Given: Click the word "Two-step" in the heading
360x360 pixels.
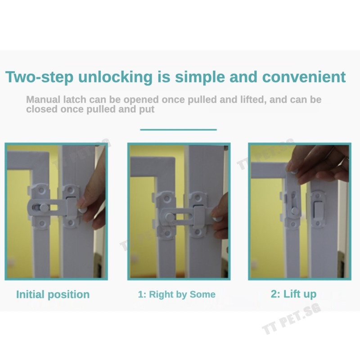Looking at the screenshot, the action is coord(39,77).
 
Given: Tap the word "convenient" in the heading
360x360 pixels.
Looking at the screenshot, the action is coord(304,76).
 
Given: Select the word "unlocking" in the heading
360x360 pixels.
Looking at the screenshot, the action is coord(115,77).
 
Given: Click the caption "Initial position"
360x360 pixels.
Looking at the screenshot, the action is coord(53,295).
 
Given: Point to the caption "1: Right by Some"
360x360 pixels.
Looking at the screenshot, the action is coord(176,294).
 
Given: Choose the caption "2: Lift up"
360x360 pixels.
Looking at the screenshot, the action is coord(293,294).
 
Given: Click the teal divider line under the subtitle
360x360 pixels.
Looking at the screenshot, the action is coord(178,130).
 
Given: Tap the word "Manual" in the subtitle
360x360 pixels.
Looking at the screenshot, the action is coord(43,99).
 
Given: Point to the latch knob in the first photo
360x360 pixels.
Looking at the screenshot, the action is coord(44,208).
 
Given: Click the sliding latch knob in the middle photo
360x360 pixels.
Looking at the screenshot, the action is coord(170,216).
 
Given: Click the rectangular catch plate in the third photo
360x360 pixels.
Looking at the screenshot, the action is coord(318,210).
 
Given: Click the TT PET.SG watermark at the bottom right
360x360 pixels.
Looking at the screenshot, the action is coord(292,319).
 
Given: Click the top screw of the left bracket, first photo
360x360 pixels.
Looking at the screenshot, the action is coord(41,190).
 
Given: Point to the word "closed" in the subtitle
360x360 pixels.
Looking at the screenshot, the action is coord(42,109).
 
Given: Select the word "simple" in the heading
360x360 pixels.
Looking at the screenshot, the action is coord(200,77).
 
